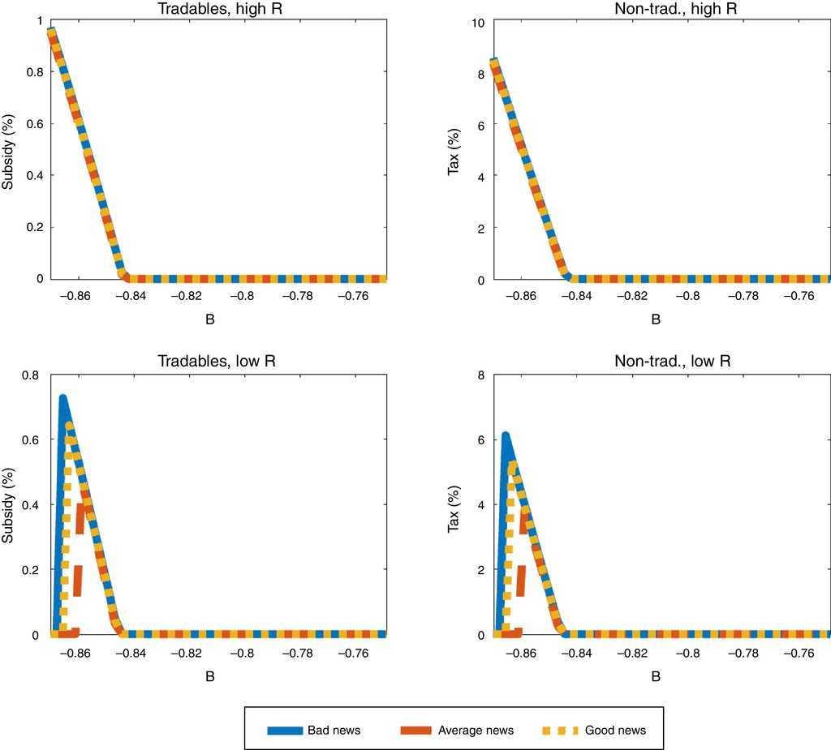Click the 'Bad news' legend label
point(334,731)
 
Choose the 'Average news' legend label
point(476,731)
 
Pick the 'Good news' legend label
point(615,731)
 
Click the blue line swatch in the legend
point(284,731)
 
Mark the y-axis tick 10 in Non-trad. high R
point(478,23)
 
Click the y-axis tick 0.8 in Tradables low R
point(30,375)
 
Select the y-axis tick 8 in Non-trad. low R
point(481,375)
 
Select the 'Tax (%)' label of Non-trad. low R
point(455,504)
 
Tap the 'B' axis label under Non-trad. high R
point(656,319)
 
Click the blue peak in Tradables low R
point(62,397)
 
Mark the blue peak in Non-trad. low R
point(506,435)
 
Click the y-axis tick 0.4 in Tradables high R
point(30,175)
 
